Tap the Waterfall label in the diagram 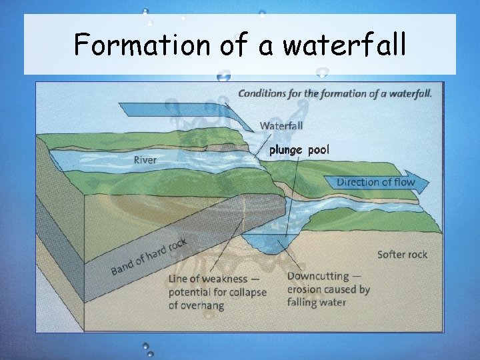click(x=281, y=125)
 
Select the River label click(x=145, y=160)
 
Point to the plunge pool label click(x=299, y=150)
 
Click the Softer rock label click(x=402, y=254)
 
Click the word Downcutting click(x=317, y=277)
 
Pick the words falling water click(x=317, y=302)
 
